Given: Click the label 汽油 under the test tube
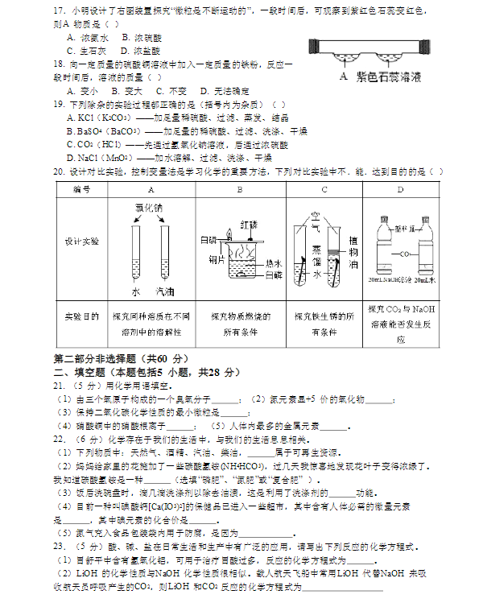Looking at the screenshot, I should [165, 292].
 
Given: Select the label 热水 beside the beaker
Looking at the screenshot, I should [273, 263].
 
